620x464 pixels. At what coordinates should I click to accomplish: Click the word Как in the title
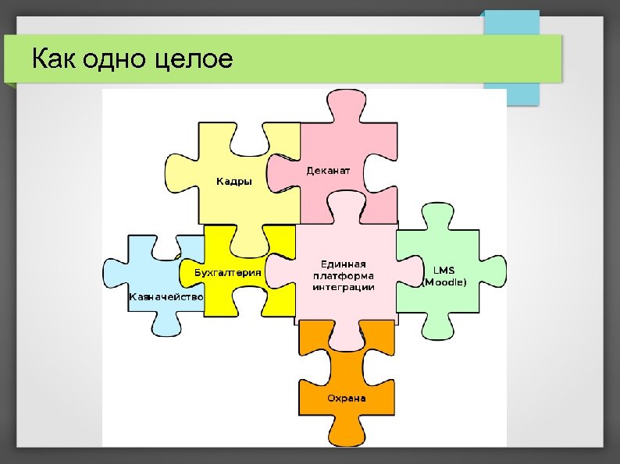pos(51,58)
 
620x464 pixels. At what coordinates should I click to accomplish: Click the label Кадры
pos(234,182)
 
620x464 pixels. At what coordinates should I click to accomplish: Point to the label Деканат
pos(328,170)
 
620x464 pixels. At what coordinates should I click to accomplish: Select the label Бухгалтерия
pos(227,273)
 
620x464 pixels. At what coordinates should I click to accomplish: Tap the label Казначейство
pos(166,297)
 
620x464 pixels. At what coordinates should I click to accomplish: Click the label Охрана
pos(346,398)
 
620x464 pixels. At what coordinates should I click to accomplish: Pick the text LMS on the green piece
pos(444,270)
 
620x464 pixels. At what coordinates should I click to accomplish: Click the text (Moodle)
pos(444,282)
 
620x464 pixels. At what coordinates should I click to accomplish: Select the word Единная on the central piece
pos(344,264)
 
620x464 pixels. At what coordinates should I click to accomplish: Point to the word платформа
pos(344,275)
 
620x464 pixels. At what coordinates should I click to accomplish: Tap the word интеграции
pos(344,287)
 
